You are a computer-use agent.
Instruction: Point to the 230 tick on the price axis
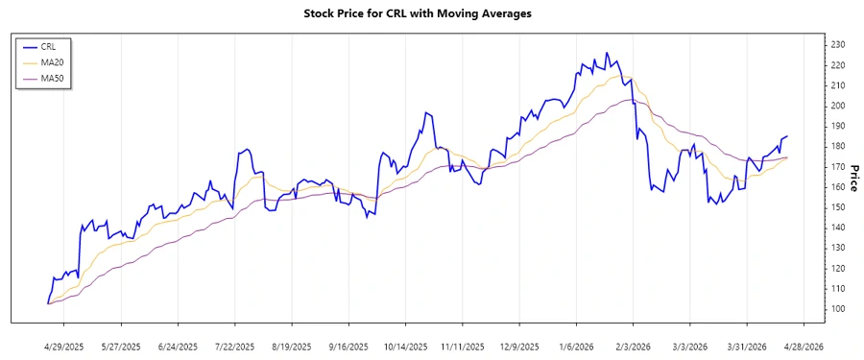coord(837,45)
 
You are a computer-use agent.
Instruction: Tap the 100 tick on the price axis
coord(837,309)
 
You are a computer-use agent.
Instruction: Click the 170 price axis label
coord(837,167)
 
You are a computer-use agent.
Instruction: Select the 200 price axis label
coord(837,106)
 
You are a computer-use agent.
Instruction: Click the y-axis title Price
coord(852,158)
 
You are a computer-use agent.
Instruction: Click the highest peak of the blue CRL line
coord(606,53)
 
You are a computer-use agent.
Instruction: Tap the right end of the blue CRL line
coord(787,136)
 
